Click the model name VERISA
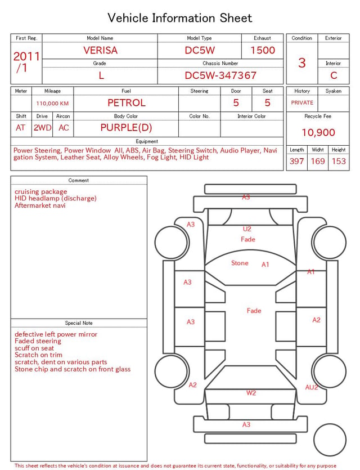point(100,50)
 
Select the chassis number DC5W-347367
point(220,75)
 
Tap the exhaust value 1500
point(263,50)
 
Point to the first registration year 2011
point(26,56)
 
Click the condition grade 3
point(302,63)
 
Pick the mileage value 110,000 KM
point(52,104)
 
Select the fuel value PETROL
point(127,103)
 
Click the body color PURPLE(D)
point(126,128)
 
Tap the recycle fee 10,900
point(318,132)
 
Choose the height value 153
point(339,161)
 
